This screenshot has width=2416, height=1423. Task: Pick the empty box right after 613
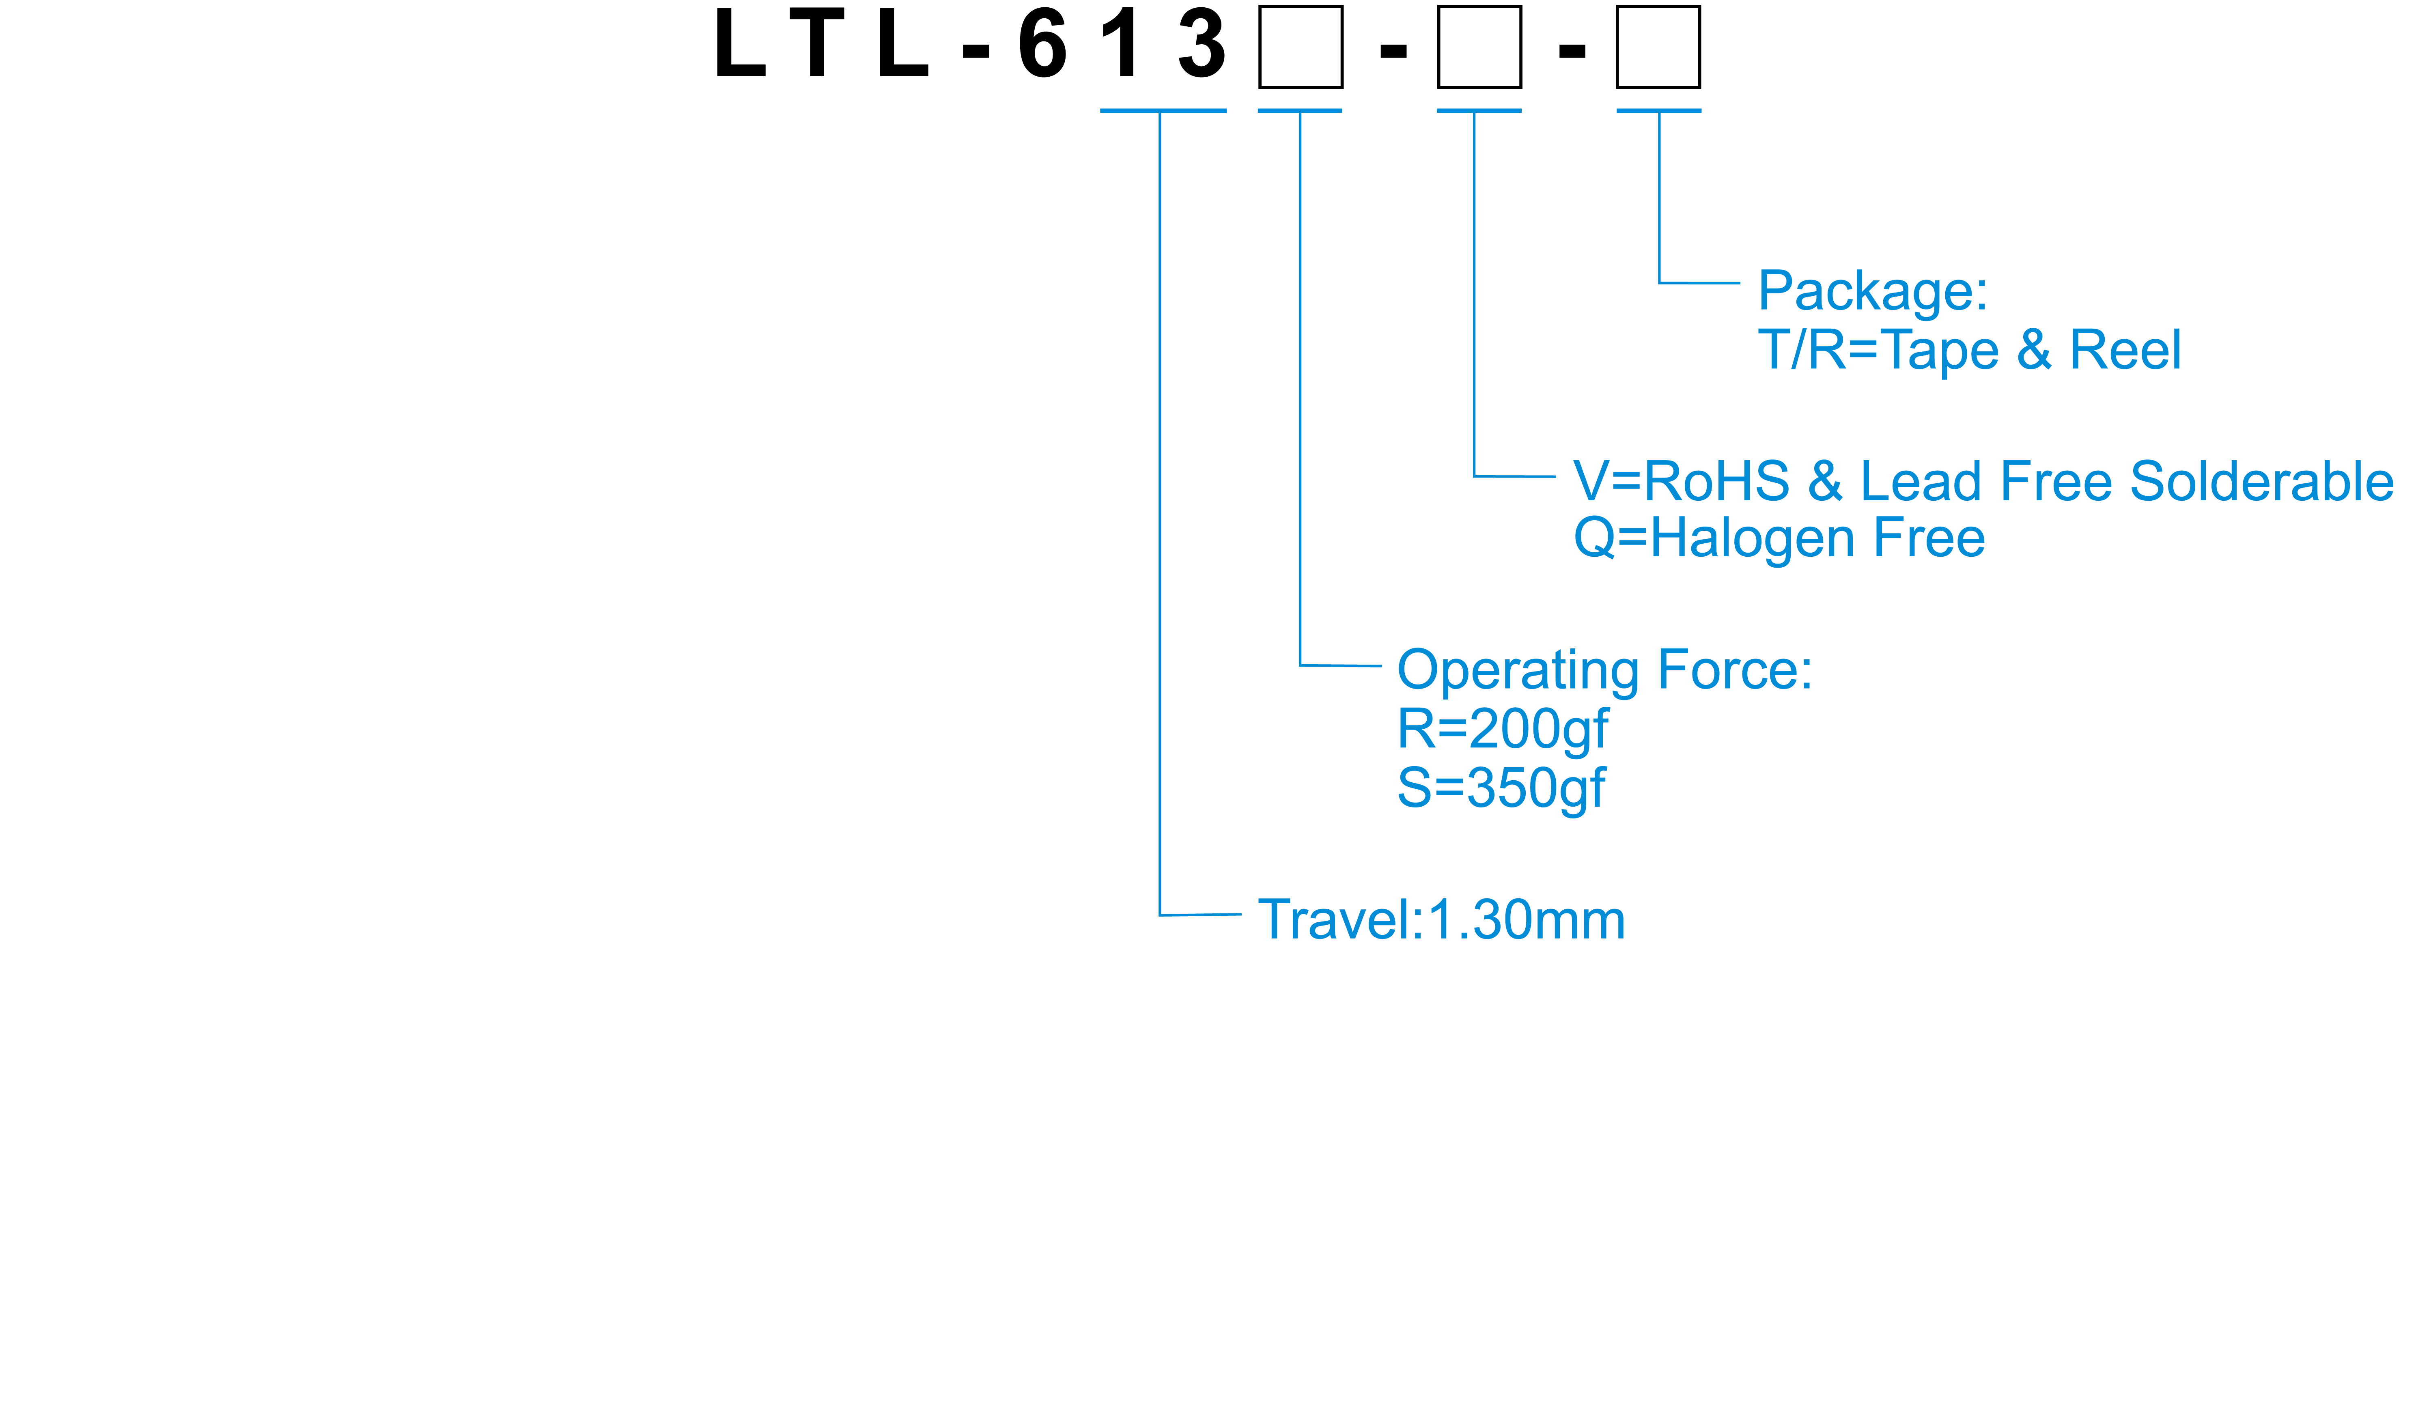point(1301,47)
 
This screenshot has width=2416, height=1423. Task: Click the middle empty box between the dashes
point(1479,47)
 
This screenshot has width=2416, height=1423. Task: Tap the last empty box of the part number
point(1658,47)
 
